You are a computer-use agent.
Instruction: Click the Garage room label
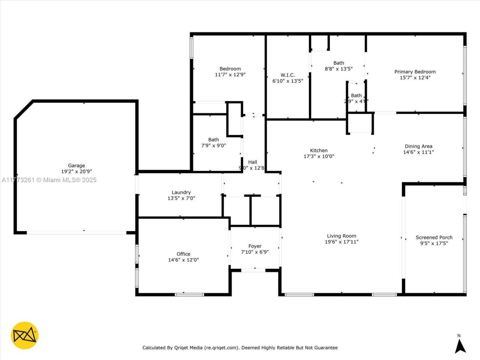click(x=76, y=165)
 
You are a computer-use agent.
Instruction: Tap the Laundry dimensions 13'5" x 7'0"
click(x=181, y=198)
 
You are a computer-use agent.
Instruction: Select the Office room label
click(x=183, y=254)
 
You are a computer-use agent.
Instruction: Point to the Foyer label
click(x=255, y=246)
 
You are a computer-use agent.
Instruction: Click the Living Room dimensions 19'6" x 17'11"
click(x=341, y=242)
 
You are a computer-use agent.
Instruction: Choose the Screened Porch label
click(x=434, y=237)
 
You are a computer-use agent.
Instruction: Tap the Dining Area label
click(x=418, y=146)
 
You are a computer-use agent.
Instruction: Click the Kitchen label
click(x=319, y=150)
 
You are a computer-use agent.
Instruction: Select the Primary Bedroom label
click(x=415, y=72)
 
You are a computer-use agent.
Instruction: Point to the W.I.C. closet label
click(x=288, y=75)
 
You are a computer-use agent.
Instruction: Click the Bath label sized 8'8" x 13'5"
click(x=339, y=63)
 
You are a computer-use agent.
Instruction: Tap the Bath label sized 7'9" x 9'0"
click(x=213, y=139)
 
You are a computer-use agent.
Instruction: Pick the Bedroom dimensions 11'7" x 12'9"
click(x=230, y=75)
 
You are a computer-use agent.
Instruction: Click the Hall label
click(x=252, y=162)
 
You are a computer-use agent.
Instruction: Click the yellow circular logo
click(x=25, y=335)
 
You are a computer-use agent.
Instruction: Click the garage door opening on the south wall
click(x=76, y=232)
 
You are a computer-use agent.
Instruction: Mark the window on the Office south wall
click(x=189, y=294)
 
